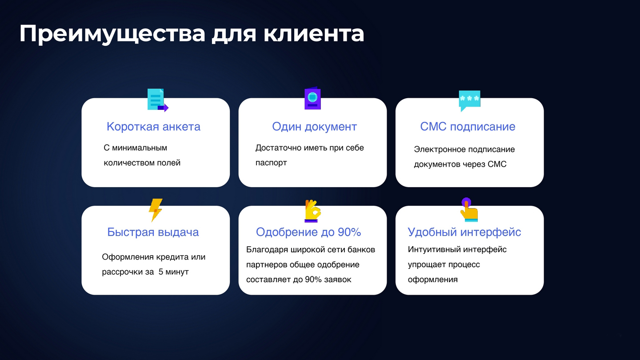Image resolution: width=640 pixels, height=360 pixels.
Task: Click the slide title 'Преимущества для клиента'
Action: coord(192,34)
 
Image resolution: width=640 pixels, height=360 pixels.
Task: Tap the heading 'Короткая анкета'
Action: coord(153,127)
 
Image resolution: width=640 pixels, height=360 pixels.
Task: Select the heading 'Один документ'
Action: coord(314,127)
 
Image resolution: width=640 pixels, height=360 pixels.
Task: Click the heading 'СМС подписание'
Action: coord(468,127)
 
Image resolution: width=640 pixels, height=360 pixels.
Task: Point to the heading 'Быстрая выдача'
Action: coord(153,232)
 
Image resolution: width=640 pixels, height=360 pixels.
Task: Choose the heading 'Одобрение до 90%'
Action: coord(308,232)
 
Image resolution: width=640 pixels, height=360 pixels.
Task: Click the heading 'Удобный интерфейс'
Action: coord(464,232)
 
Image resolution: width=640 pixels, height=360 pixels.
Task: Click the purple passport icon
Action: coord(312,98)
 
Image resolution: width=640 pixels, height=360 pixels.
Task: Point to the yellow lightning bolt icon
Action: coord(156,210)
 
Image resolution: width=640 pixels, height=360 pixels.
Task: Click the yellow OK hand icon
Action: coord(312,211)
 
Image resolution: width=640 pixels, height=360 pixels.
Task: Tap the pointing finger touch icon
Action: coord(469,209)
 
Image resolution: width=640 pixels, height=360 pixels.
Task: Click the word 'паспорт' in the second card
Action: coord(271,163)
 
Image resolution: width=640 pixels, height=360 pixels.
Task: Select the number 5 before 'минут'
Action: coord(161,272)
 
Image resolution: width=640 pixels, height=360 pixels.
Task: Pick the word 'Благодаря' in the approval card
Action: coord(267,250)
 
